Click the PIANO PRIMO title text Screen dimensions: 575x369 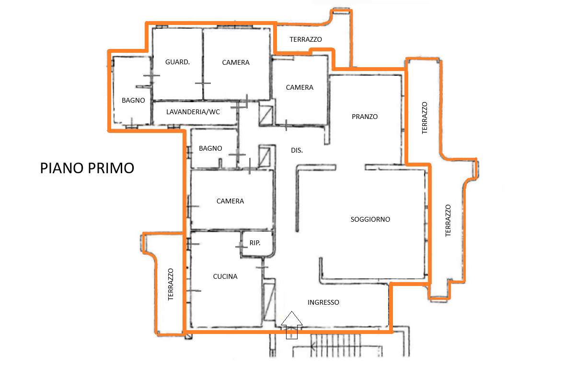click(87, 168)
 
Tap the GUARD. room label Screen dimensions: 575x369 click(177, 62)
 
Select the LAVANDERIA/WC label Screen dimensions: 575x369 click(193, 112)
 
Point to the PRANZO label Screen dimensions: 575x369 click(365, 117)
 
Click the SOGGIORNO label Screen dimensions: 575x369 click(370, 219)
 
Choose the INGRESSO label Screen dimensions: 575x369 click(323, 302)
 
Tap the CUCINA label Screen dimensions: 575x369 click(225, 276)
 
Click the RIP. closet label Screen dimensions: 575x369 click(255, 243)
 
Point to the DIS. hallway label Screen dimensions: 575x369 click(297, 150)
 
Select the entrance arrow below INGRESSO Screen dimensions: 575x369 click(292, 325)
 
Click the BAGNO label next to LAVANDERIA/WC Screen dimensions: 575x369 click(133, 100)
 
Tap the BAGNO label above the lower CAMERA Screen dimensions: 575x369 click(210, 148)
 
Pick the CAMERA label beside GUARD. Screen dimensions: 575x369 click(236, 62)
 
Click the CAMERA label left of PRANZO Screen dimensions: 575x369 click(299, 87)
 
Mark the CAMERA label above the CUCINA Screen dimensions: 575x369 click(230, 201)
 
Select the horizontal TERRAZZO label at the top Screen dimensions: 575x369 click(306, 39)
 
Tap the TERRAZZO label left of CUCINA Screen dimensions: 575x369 click(171, 285)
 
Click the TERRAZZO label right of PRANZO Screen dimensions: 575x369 click(425, 118)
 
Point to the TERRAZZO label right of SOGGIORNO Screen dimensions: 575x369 click(448, 220)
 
